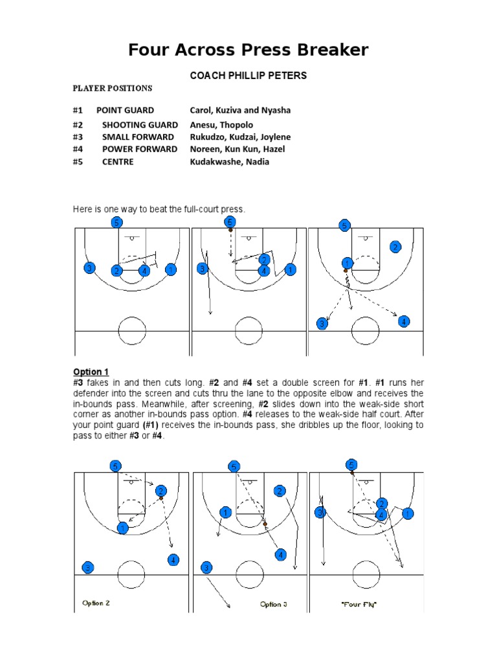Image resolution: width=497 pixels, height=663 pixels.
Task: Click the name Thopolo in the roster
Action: (x=239, y=125)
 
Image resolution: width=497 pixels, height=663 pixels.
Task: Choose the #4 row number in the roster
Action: (x=78, y=150)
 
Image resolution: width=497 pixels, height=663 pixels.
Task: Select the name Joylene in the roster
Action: (x=274, y=137)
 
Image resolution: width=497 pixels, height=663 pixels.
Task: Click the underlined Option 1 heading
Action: (x=91, y=372)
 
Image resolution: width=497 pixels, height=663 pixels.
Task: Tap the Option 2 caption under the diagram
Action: (x=96, y=603)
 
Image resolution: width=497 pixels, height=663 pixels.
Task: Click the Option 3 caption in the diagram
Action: (x=274, y=604)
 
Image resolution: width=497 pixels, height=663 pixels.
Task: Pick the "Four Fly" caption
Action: (x=359, y=604)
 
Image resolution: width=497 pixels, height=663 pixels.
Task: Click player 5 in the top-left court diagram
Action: (x=116, y=223)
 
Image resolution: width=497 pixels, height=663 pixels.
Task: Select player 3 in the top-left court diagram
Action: (x=89, y=268)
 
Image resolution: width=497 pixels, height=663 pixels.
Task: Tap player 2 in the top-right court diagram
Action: (x=395, y=247)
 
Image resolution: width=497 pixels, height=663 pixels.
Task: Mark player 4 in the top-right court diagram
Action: (x=404, y=321)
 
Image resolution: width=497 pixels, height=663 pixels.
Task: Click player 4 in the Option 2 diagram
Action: (x=173, y=560)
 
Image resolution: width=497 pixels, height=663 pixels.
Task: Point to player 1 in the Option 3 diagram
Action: (x=225, y=513)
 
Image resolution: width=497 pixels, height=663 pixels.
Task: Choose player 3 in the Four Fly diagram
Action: (x=320, y=513)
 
